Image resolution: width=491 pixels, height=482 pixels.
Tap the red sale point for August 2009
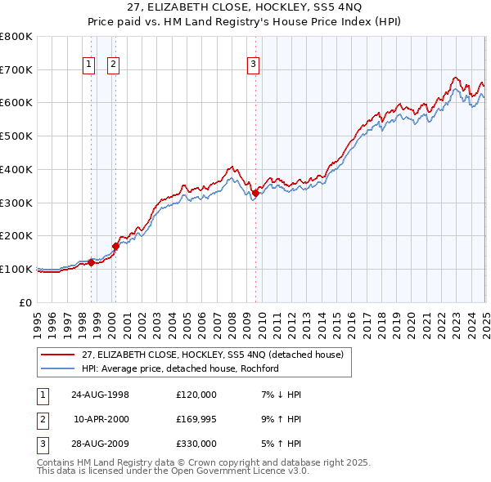tap(255, 193)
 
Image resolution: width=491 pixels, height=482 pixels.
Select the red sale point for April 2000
tap(116, 245)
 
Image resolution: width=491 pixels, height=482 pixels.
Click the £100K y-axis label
tap(18, 269)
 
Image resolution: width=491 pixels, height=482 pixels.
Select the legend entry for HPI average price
tap(181, 368)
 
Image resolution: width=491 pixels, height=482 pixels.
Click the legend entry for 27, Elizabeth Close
tap(217, 355)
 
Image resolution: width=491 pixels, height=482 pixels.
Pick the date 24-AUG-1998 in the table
tap(100, 395)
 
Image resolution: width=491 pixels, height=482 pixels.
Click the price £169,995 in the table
tap(196, 419)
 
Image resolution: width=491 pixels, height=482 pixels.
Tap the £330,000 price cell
tap(196, 444)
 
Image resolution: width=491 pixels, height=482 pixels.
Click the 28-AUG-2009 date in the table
tap(100, 444)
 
